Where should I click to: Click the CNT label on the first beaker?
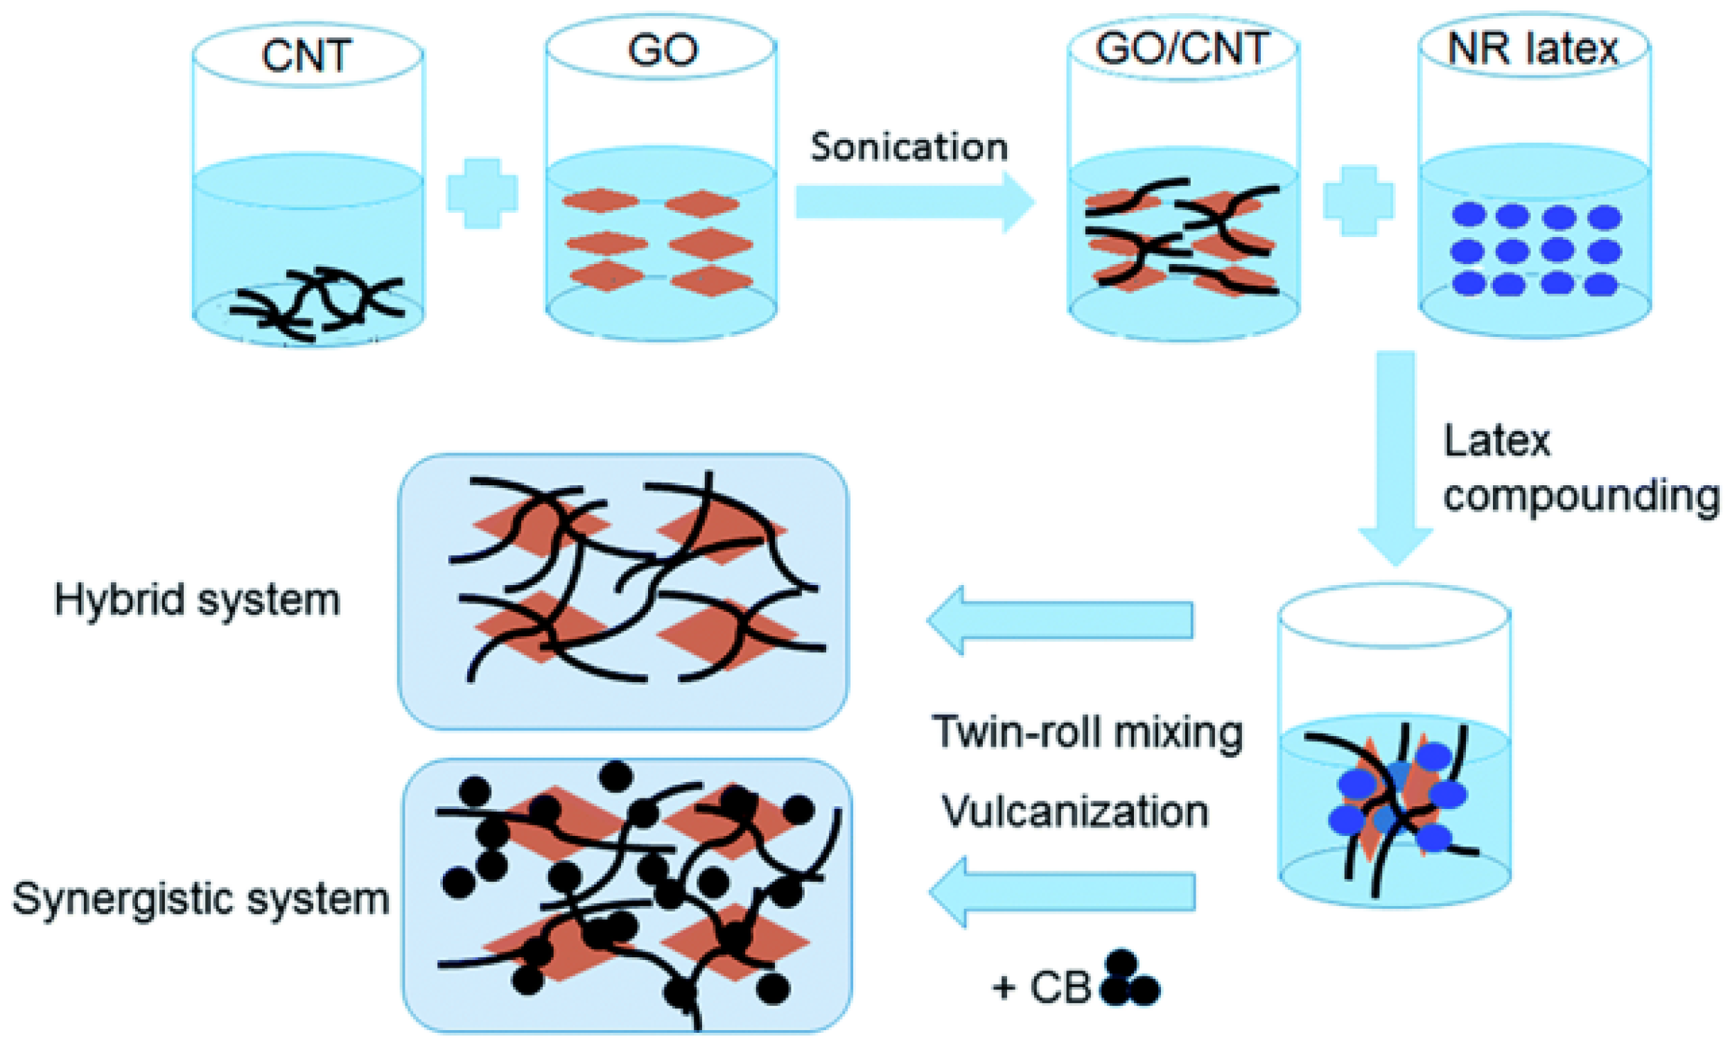click(306, 56)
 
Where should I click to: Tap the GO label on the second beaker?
click(662, 51)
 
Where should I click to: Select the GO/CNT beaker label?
click(1183, 49)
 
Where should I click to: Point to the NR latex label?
click(1532, 49)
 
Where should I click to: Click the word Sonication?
click(909, 148)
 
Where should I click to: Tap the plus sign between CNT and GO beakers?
click(482, 193)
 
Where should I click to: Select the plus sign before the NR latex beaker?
click(1358, 200)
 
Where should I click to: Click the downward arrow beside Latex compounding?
click(1395, 456)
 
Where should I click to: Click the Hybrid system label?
click(198, 600)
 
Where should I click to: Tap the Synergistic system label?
click(201, 898)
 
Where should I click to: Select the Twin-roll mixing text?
click(1087, 732)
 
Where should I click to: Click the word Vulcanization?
click(1074, 812)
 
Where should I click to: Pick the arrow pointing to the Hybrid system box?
click(1060, 620)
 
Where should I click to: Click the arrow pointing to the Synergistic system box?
click(1062, 892)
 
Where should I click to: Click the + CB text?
click(1042, 988)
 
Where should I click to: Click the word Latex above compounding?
click(1496, 442)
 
